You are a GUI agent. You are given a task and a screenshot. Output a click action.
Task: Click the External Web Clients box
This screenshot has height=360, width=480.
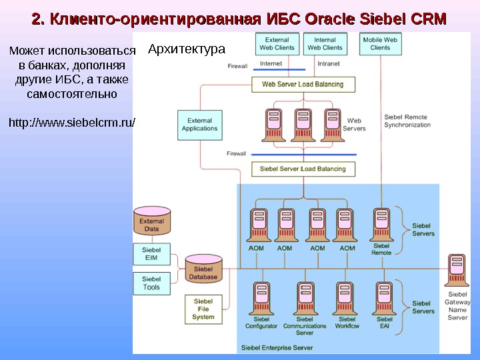[x=277, y=44]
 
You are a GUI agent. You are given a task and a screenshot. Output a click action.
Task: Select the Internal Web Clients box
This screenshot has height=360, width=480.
[x=325, y=44]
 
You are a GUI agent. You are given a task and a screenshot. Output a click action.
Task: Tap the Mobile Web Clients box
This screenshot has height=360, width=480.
[x=380, y=44]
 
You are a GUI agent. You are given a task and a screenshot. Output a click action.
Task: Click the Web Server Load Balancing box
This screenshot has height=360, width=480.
[x=303, y=85]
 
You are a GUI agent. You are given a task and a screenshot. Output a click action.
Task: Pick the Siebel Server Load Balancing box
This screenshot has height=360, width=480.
[x=303, y=169]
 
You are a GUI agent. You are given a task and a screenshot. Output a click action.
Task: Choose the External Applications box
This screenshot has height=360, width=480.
[x=199, y=125]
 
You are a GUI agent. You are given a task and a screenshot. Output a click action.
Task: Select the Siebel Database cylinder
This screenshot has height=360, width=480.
[x=203, y=269]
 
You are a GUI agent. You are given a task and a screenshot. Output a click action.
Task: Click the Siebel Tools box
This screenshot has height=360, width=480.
[x=151, y=283]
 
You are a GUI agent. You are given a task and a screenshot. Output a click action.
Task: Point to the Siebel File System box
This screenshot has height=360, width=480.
[x=203, y=309]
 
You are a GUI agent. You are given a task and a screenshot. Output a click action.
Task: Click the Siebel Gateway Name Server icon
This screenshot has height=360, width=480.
[x=457, y=270]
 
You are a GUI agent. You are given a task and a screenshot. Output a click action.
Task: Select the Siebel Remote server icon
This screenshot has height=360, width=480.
[x=381, y=223]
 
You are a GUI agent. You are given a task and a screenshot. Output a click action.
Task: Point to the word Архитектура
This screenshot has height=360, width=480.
[x=187, y=49]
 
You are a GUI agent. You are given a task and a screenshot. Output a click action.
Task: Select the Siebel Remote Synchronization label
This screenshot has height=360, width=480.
[x=407, y=121]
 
